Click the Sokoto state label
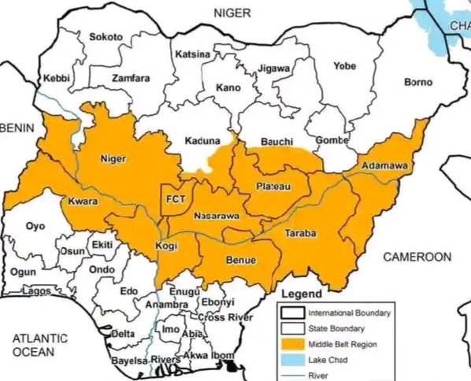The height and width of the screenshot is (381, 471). pos(106,37)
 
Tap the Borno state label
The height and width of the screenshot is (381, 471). pos(418,82)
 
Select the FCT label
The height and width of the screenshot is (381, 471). pos(176,200)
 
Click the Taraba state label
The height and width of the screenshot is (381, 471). pos(299,234)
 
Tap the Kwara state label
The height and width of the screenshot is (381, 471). pos(83,201)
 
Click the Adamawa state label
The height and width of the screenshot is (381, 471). pos(384,166)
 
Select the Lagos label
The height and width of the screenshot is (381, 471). pos(36,290)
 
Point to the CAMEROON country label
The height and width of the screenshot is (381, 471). pos(417,257)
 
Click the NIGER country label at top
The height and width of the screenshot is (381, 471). pos(234,13)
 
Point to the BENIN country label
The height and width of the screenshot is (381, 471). pos(13,127)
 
